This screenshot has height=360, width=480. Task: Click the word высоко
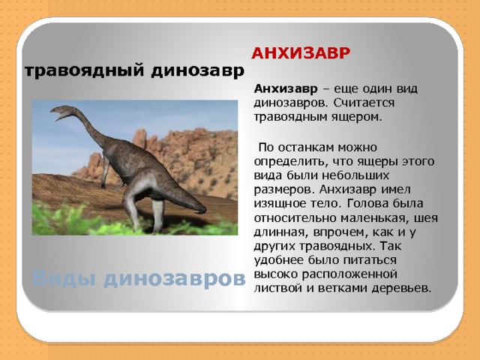pyautogui.click(x=279, y=274)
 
